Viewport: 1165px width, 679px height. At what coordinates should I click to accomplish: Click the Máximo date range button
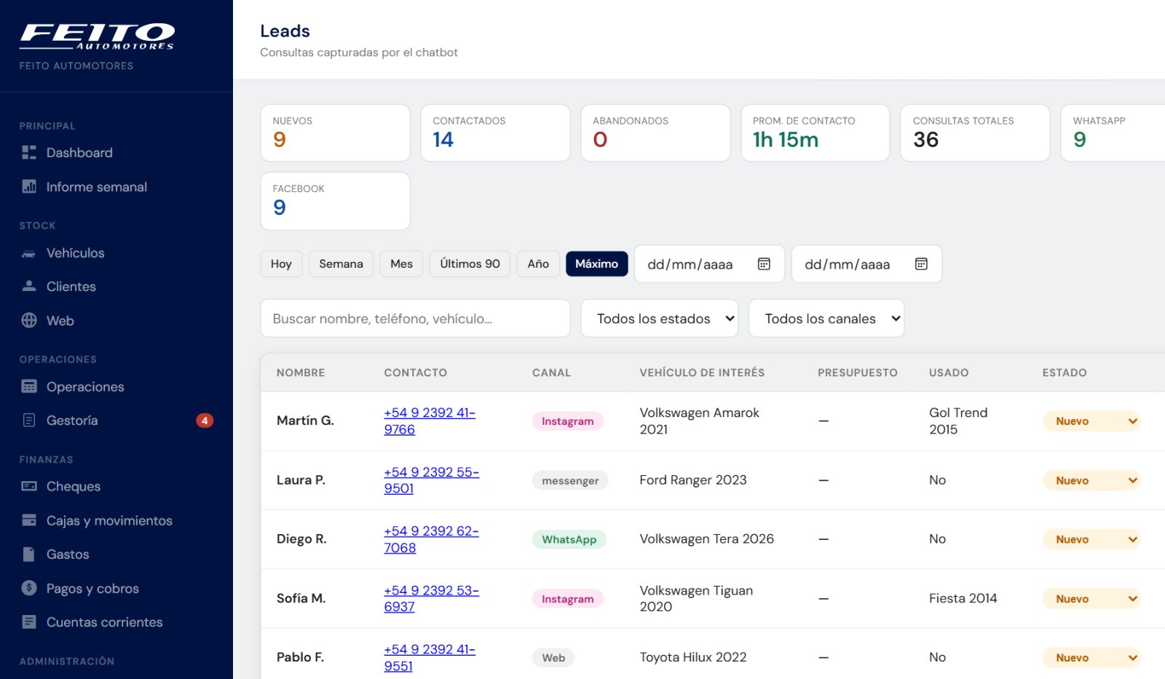[596, 263]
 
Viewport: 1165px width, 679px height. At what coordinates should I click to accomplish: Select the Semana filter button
[341, 263]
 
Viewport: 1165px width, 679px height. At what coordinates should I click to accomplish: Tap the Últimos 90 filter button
[470, 263]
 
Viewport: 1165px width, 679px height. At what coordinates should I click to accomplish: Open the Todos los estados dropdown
[660, 318]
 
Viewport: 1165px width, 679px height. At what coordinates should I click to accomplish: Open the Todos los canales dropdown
[826, 318]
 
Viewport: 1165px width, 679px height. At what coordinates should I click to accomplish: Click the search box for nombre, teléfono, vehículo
[415, 318]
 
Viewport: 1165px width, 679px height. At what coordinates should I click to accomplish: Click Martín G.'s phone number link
[430, 421]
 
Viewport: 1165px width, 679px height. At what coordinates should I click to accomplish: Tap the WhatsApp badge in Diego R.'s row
[569, 539]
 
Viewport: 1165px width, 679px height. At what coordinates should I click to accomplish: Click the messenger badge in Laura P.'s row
[570, 480]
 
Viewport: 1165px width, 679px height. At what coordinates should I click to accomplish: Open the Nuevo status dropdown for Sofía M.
[1091, 598]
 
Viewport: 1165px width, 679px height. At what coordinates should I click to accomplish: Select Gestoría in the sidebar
[72, 420]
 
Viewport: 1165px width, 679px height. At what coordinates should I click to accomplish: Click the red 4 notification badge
[205, 420]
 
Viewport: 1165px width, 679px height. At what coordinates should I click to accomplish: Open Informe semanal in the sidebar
[96, 186]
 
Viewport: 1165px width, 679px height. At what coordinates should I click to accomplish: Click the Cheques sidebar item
[73, 486]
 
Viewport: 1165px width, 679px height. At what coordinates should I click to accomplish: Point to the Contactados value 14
[443, 139]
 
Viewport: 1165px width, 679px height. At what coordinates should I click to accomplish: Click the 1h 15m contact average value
[786, 139]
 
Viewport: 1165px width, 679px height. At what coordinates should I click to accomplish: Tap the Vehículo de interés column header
[702, 373]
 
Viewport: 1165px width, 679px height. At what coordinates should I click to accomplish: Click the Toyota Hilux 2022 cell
[692, 657]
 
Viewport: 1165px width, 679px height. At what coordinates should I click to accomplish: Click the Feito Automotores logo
[98, 36]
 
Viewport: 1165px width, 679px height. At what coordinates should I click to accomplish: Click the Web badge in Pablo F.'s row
[553, 658]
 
